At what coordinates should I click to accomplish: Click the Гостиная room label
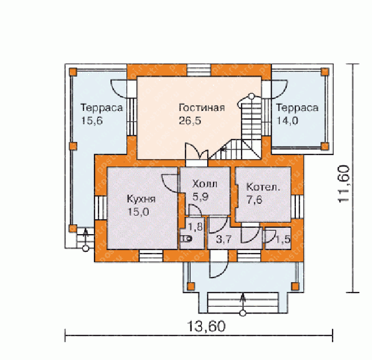pos(201,108)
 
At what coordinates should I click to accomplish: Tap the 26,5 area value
pos(190,121)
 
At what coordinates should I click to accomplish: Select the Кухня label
pos(141,199)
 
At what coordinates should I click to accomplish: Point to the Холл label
pos(205,184)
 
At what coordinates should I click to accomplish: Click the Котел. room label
pos(263,187)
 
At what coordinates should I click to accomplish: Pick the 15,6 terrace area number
pos(92,121)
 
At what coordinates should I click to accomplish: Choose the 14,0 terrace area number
pos(287,121)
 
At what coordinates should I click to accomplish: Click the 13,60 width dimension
pos(206,326)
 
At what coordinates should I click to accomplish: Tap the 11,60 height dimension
pos(344,184)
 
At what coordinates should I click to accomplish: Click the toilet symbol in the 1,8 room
pos(186,239)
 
